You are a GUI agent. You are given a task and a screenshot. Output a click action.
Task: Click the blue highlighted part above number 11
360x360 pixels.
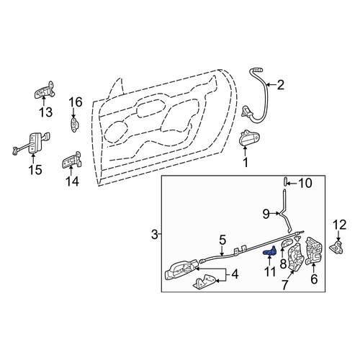click(x=270, y=251)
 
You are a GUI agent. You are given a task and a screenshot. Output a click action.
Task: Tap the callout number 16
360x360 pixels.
click(x=76, y=102)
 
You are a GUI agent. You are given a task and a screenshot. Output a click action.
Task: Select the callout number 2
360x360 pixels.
click(x=280, y=85)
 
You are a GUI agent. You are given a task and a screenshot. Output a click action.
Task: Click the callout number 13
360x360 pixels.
click(x=45, y=112)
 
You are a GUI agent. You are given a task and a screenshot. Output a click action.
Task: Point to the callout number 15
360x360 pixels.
click(x=35, y=170)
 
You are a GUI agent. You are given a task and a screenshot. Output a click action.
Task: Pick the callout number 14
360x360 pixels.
click(x=72, y=181)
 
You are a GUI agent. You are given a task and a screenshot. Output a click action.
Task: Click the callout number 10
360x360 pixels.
click(x=305, y=184)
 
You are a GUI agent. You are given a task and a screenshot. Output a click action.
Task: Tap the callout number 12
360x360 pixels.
click(x=340, y=225)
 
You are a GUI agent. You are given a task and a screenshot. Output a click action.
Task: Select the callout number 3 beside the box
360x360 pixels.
click(x=155, y=234)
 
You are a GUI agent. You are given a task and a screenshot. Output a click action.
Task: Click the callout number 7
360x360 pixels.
click(x=284, y=285)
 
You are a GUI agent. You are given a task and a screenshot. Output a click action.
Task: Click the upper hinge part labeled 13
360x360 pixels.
click(x=45, y=90)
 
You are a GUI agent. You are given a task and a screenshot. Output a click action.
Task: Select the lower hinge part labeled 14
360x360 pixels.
click(x=72, y=160)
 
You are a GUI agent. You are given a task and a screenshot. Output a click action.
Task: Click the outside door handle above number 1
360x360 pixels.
click(x=249, y=138)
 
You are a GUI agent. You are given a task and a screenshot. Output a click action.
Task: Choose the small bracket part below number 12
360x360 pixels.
click(x=338, y=248)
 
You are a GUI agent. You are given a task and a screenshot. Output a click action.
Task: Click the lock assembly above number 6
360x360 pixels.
click(x=314, y=251)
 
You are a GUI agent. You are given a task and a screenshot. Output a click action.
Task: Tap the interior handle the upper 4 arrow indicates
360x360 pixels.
click(x=181, y=270)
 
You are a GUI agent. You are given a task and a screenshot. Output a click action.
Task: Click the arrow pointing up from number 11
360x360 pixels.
click(x=269, y=260)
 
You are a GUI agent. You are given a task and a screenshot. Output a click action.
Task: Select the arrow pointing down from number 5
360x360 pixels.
click(x=222, y=251)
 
